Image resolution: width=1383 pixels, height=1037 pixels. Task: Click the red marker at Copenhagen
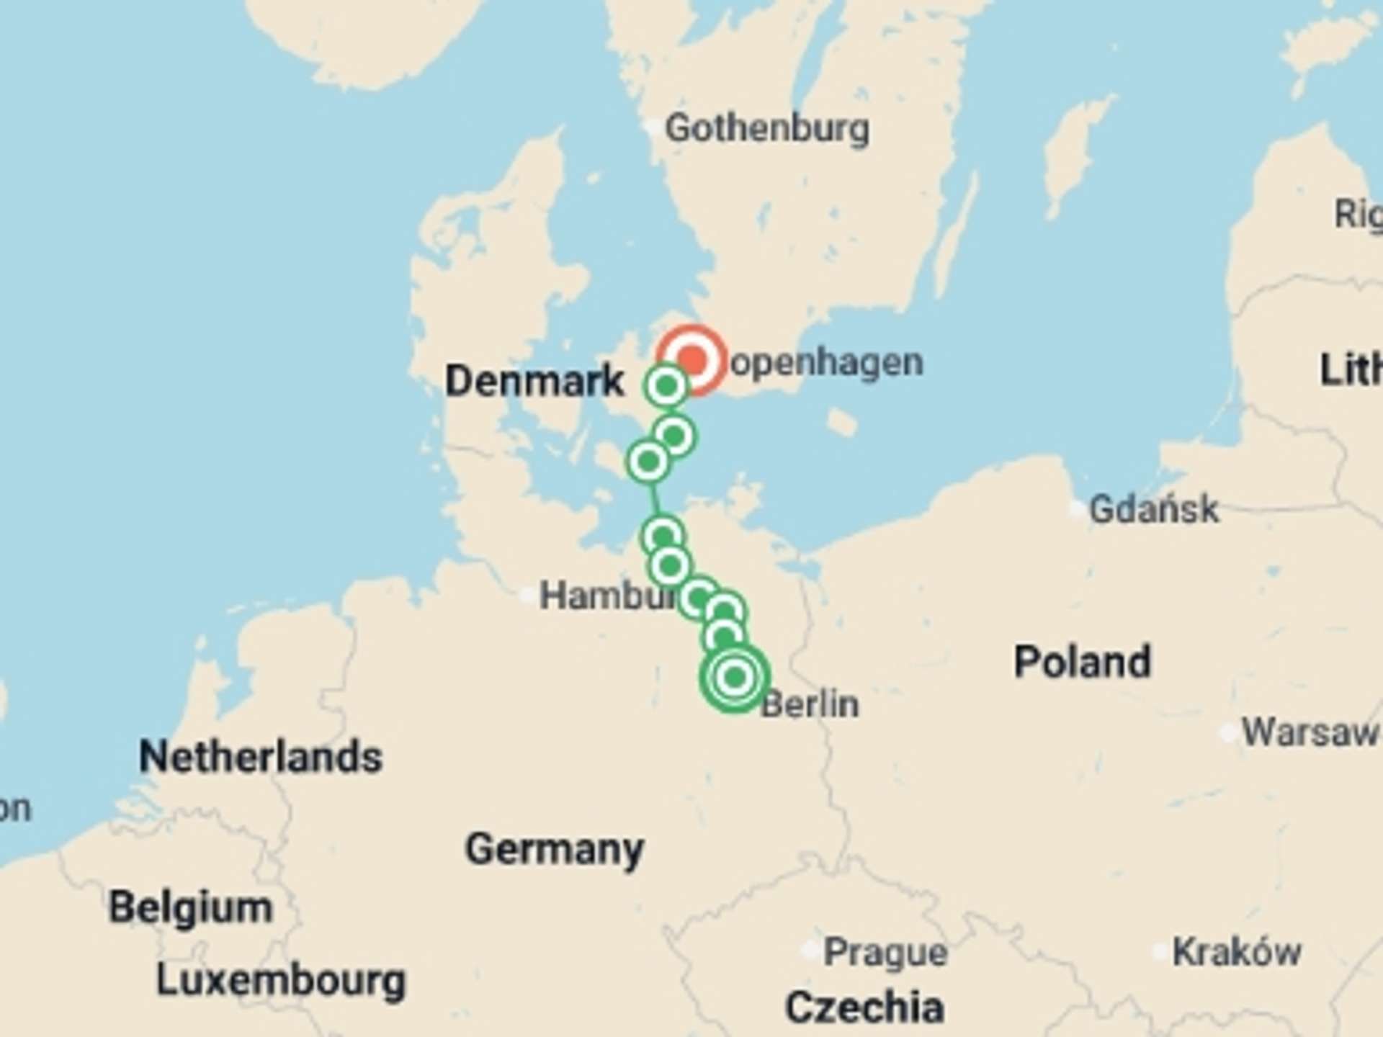tap(692, 359)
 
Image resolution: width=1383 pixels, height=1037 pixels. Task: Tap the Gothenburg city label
tap(767, 129)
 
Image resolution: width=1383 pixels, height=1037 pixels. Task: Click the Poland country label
tap(1082, 662)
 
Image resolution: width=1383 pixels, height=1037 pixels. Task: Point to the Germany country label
tap(554, 849)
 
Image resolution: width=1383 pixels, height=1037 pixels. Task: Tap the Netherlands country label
tap(260, 757)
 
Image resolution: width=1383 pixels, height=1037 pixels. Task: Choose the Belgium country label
tap(190, 907)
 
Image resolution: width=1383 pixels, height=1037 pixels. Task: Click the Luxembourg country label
tap(281, 980)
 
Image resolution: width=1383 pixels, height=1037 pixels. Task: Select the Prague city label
tap(885, 953)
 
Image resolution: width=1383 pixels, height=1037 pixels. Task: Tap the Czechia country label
tap(864, 1007)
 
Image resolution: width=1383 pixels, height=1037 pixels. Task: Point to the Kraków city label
tap(1237, 952)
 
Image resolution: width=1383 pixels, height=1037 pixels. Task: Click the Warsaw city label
tap(1310, 732)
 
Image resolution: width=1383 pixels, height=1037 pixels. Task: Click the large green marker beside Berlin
tap(735, 677)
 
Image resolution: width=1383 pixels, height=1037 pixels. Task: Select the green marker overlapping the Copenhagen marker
tap(666, 387)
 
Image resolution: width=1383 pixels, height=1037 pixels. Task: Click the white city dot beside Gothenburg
tap(652, 129)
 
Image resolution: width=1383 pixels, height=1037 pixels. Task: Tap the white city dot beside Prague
tap(810, 951)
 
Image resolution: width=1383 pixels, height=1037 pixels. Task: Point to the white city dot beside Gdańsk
tap(1076, 511)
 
